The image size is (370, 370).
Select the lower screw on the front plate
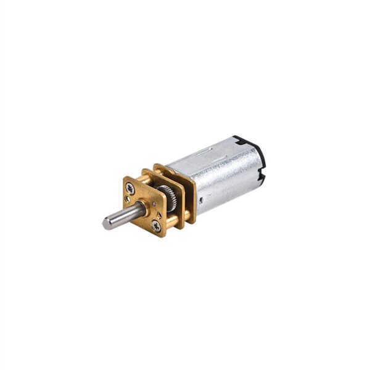coord(157,226)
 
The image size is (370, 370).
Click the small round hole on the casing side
coord(200,199)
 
